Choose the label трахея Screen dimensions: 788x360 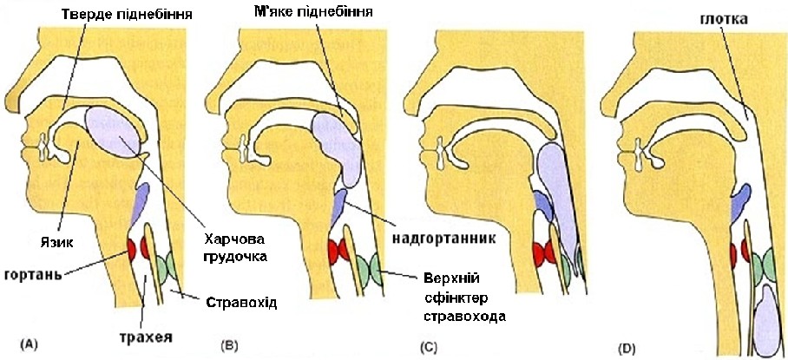tap(144, 333)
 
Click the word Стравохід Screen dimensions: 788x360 tap(242, 303)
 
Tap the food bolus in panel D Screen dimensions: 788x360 tap(767, 317)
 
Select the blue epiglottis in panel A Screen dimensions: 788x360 tap(139, 202)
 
